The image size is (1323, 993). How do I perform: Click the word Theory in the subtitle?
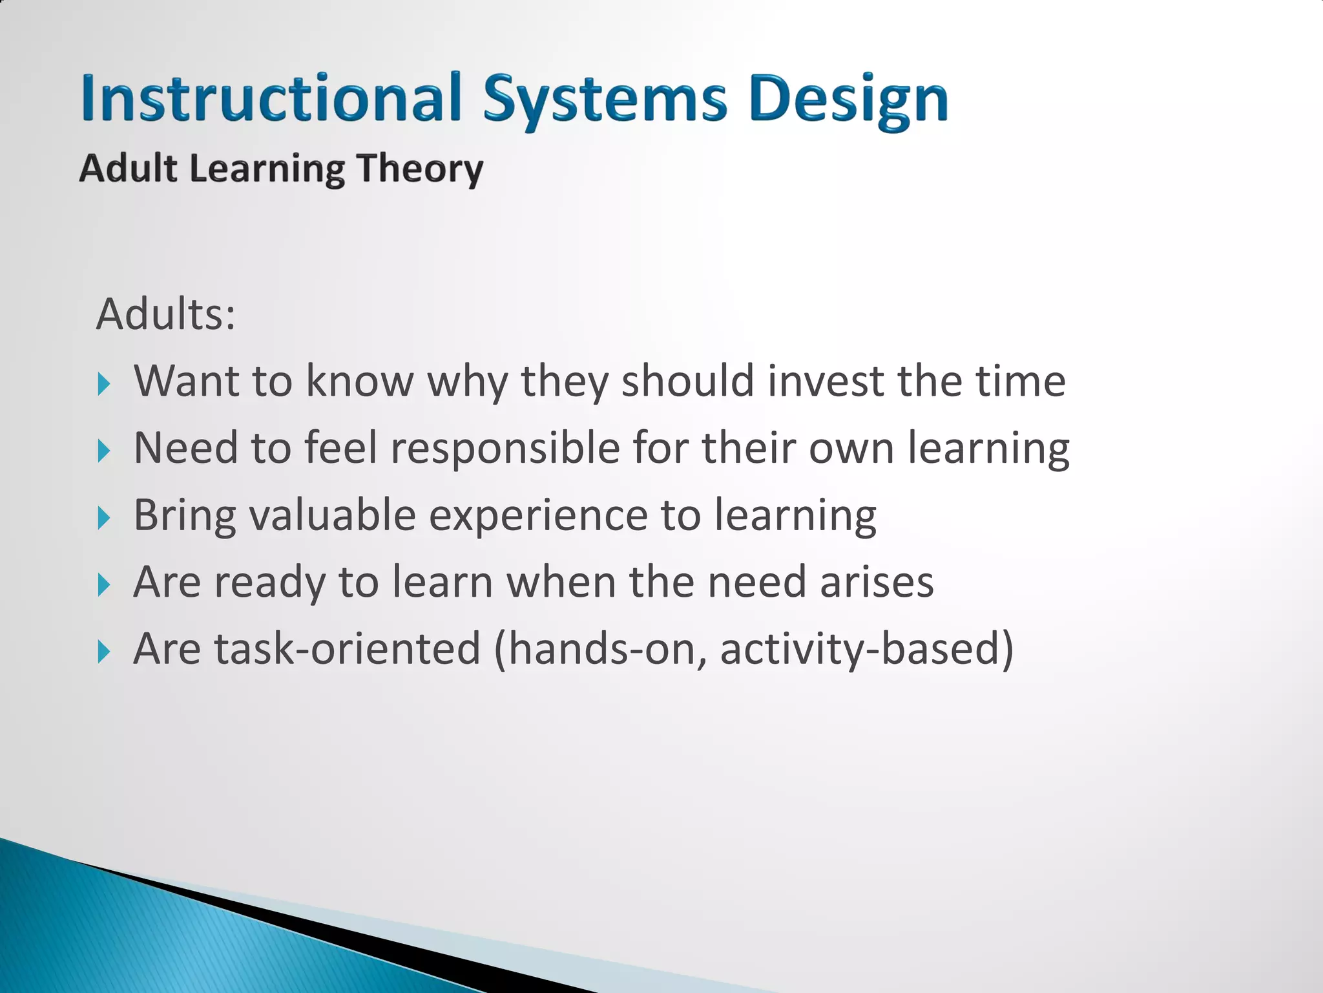click(x=420, y=169)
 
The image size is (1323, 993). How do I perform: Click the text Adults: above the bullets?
click(x=166, y=315)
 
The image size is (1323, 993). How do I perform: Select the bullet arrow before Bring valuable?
click(x=104, y=518)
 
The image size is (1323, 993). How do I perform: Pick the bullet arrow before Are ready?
click(x=104, y=585)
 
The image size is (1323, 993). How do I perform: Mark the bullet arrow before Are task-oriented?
click(x=104, y=652)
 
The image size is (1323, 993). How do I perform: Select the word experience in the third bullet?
click(x=539, y=516)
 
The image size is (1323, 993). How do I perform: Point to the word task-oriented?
click(x=348, y=649)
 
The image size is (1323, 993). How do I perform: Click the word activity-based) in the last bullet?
click(x=866, y=649)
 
